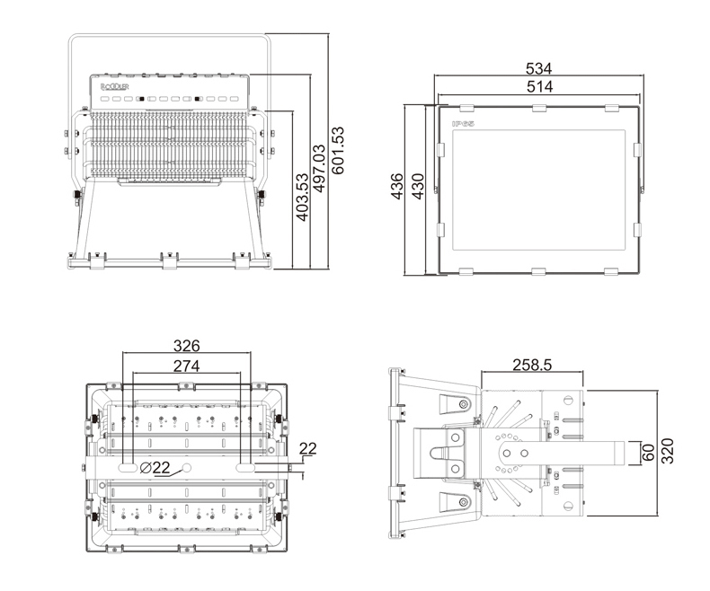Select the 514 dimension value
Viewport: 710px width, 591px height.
click(538, 86)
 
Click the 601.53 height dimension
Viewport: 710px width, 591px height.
click(339, 151)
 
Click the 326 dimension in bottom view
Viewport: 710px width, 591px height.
click(186, 346)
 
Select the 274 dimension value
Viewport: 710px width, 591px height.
click(186, 366)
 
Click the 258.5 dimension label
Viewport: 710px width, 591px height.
click(531, 365)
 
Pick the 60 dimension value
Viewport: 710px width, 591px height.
click(647, 450)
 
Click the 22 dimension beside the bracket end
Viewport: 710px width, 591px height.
click(308, 448)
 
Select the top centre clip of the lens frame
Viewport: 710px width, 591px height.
click(537, 109)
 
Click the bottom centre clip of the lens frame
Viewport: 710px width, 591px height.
click(537, 271)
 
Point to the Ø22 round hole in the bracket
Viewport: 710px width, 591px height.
click(188, 468)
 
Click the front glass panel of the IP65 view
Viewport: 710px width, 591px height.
click(537, 189)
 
